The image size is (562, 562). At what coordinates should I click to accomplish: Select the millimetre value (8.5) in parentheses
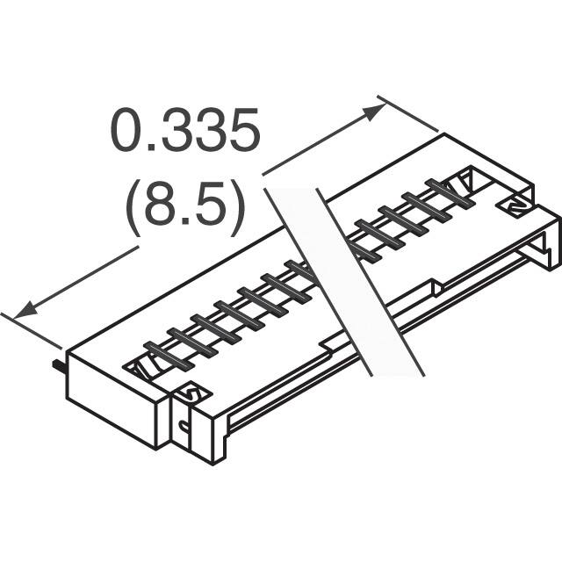tap(184, 209)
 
